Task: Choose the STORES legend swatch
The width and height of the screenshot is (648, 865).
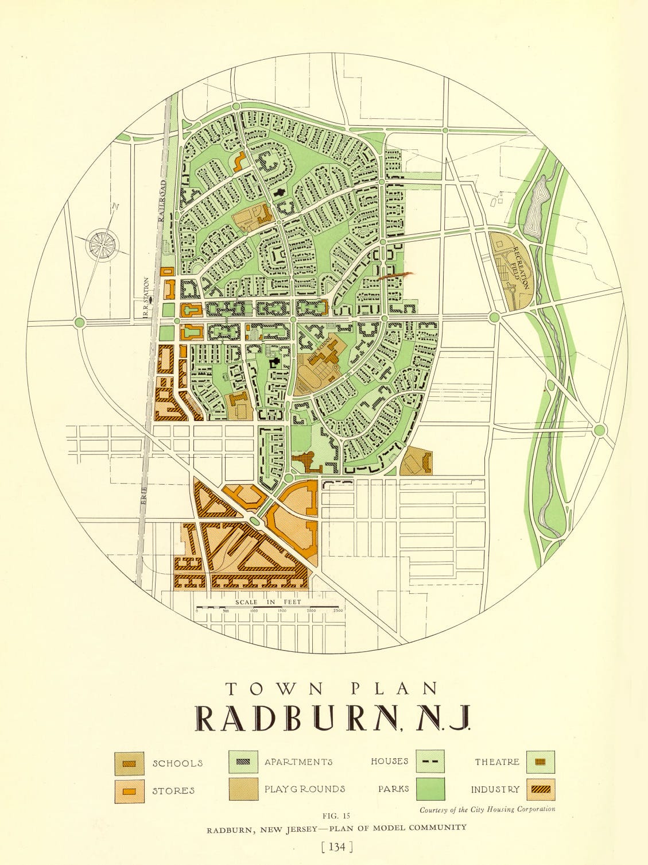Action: pos(129,791)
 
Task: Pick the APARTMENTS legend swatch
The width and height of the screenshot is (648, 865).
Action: pos(243,762)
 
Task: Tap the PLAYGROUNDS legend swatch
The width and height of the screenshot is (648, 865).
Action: pos(243,789)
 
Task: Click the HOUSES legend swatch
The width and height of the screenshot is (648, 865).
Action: pos(430,762)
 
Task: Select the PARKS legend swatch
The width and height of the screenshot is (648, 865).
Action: pos(430,789)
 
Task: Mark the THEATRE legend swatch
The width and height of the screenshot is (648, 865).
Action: pos(540,762)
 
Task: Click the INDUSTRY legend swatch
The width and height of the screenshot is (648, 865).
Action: pos(540,789)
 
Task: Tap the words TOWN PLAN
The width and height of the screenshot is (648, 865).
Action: pos(332,688)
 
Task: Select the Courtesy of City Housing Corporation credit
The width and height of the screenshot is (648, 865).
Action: pos(487,809)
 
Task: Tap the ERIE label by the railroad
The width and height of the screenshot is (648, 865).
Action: pos(144,495)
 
